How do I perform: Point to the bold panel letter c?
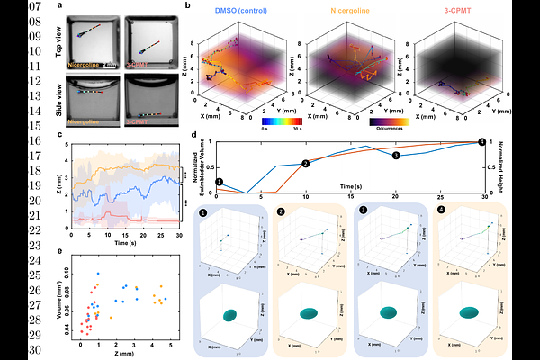(x=58, y=136)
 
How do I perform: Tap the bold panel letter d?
(x=195, y=136)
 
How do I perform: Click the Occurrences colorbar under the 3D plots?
(x=389, y=121)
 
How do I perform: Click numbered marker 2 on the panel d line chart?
(x=306, y=163)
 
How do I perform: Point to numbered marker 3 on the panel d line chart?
(x=394, y=156)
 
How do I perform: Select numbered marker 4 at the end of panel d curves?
(x=481, y=141)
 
